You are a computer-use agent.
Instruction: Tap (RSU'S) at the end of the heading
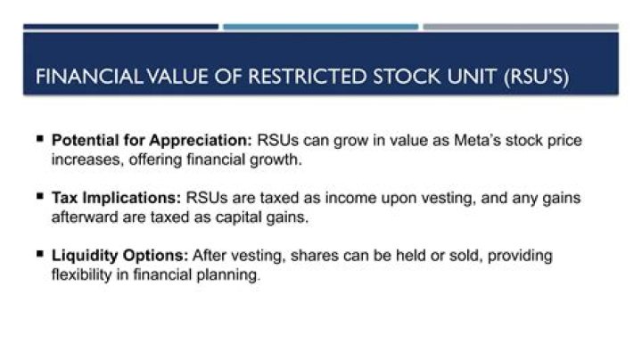click(537, 77)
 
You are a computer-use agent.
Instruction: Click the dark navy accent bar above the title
click(120, 27)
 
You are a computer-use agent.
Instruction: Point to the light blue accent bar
click(321, 27)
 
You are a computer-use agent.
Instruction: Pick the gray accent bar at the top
click(521, 27)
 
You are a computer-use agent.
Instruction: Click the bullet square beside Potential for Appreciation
click(40, 139)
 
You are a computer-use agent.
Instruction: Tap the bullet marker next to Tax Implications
click(40, 196)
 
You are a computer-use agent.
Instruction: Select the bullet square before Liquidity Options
click(40, 254)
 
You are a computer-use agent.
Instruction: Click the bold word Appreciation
click(201, 140)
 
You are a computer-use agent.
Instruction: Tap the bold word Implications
click(131, 198)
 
